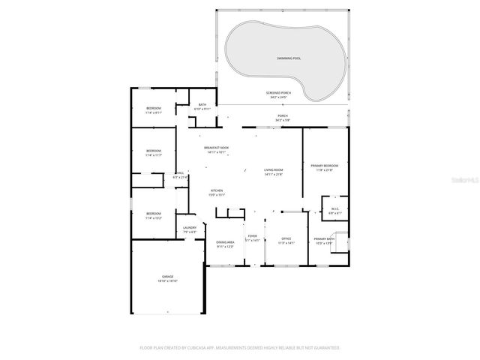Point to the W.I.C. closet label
334,209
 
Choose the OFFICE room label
286,239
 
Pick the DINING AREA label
225,242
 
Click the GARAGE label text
166,276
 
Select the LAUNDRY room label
190,228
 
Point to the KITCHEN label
217,190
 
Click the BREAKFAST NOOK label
216,148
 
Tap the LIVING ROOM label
273,170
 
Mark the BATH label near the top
202,105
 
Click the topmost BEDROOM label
154,109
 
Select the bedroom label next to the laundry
154,214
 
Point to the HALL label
180,173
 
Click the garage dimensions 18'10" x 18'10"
166,280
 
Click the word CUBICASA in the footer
194,348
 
